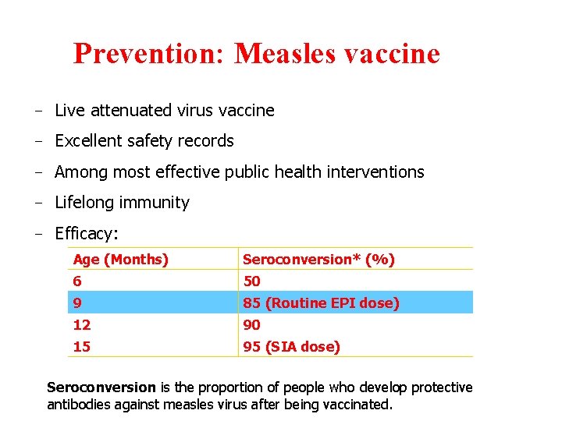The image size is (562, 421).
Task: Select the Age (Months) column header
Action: click(121, 259)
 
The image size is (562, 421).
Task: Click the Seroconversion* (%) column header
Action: click(318, 259)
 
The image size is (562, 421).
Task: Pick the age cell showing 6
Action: click(77, 281)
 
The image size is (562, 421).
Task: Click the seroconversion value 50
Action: click(252, 281)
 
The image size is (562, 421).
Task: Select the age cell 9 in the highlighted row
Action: click(77, 302)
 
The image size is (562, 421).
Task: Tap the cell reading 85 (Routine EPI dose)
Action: click(321, 302)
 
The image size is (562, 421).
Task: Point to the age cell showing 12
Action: click(82, 324)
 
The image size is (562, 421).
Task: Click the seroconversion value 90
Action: click(252, 324)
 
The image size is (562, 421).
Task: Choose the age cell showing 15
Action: click(82, 346)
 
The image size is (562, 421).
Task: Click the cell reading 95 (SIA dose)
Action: click(291, 346)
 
